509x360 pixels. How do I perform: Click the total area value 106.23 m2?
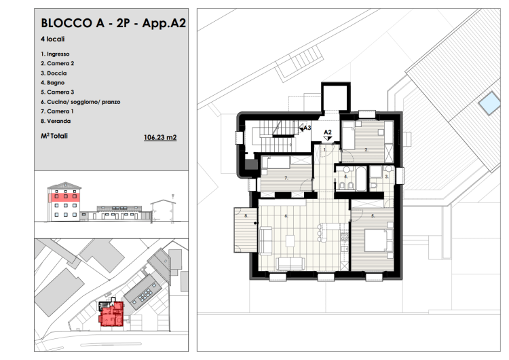[x=160, y=137]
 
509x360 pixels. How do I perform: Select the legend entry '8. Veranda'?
[x=56, y=121]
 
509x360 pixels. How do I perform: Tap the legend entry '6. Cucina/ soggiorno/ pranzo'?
[x=81, y=102]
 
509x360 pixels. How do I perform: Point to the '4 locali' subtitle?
[x=52, y=39]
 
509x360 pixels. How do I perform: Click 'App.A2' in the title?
[x=164, y=23]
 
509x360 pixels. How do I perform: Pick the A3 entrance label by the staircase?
[x=307, y=128]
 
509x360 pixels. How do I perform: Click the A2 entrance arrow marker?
[x=328, y=139]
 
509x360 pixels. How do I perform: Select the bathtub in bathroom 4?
[x=361, y=179]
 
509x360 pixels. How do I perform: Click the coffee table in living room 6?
[x=290, y=241]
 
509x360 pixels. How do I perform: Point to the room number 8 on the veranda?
[x=246, y=215]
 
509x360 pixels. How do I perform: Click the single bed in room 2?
[x=349, y=135]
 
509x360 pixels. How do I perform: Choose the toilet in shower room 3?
[x=373, y=185]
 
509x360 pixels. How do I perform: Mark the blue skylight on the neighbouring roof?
[x=489, y=103]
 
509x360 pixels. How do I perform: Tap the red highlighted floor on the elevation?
[x=64, y=196]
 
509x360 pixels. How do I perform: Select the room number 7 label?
[x=286, y=178]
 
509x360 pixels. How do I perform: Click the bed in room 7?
[x=276, y=162]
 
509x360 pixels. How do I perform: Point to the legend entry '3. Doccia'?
[x=54, y=73]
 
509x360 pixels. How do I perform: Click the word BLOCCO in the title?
[x=67, y=23]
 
